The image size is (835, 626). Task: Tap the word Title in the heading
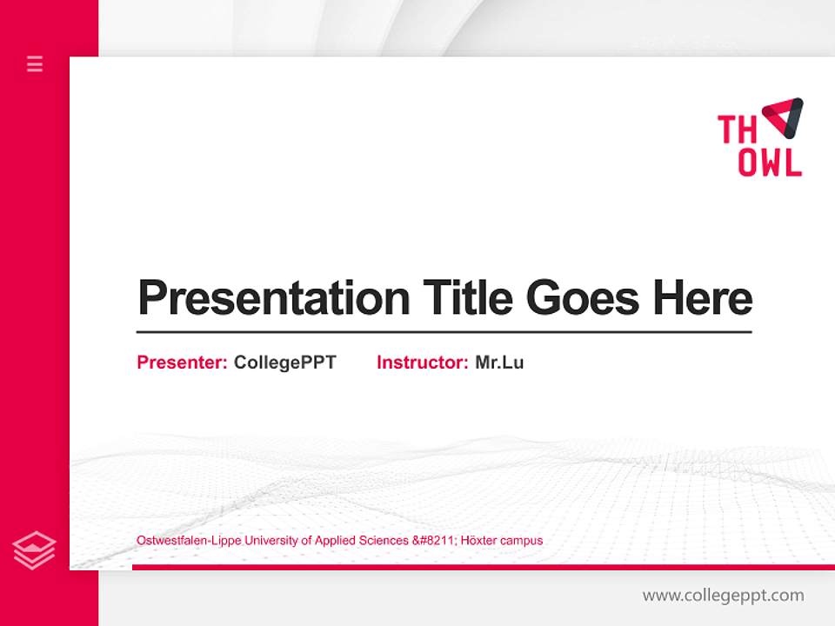467,298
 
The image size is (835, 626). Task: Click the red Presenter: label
183,363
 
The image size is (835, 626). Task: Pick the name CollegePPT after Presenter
284,363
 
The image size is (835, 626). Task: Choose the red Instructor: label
423,363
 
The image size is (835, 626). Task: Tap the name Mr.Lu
499,363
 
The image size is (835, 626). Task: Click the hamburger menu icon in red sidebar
35,63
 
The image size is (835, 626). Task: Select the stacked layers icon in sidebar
34,550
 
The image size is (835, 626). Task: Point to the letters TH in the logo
737,130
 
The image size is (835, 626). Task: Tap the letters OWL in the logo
770,163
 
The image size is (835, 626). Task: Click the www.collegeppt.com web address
723,596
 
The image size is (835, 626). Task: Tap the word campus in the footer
524,541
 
